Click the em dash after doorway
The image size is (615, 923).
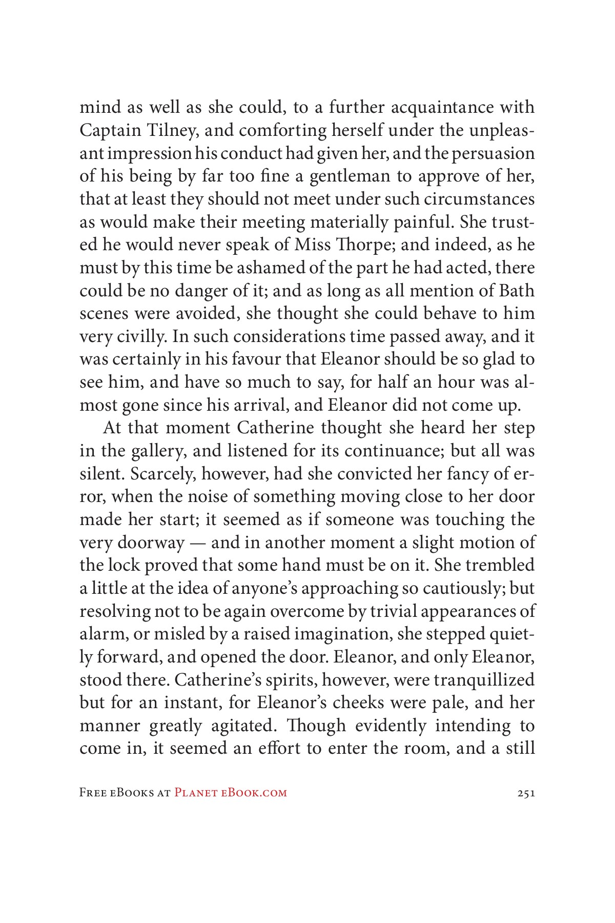(x=197, y=543)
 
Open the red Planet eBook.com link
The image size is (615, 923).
(x=231, y=793)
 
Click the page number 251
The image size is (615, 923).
(x=526, y=793)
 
